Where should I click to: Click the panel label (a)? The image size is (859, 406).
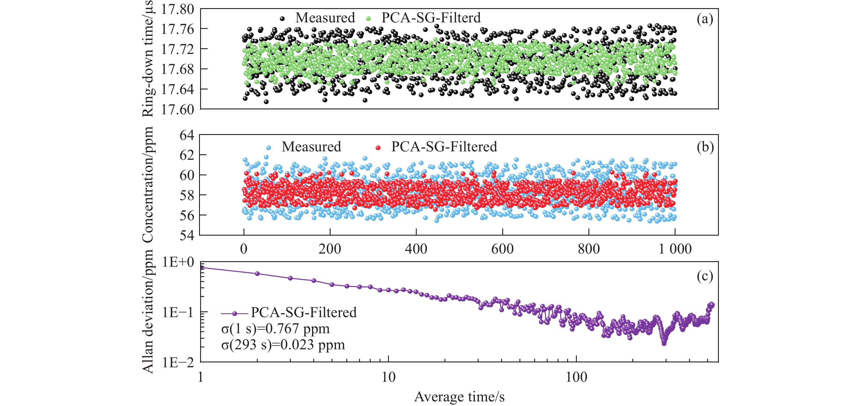(705, 19)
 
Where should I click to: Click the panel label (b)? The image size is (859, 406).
(705, 147)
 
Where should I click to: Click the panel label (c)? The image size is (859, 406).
(705, 276)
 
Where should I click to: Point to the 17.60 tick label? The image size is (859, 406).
(178, 109)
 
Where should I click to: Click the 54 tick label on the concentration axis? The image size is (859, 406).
(187, 235)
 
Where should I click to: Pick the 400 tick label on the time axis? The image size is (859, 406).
(416, 249)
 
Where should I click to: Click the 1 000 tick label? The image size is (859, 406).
(675, 249)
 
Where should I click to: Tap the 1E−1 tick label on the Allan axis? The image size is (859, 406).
(178, 313)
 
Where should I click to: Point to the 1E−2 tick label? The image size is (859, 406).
(178, 363)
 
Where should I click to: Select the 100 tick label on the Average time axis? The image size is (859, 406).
(576, 377)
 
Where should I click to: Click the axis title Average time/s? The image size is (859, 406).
(459, 397)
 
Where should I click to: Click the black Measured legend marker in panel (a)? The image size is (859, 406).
(282, 19)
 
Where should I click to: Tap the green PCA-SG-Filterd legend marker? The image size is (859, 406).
(368, 19)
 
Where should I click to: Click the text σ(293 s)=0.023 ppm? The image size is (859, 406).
(283, 345)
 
